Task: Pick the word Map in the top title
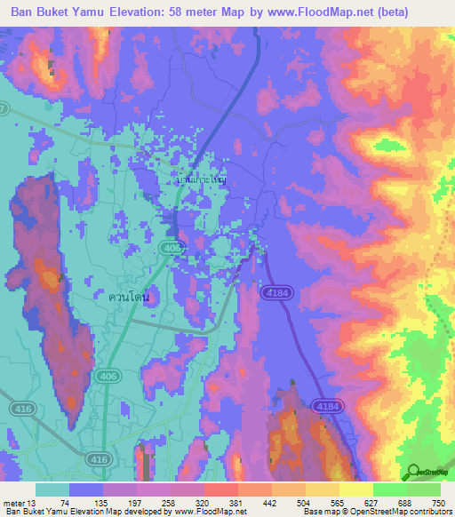pyautogui.click(x=263, y=13)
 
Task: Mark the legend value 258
pyautogui.click(x=154, y=502)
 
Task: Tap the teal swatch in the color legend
pyautogui.click(x=52, y=489)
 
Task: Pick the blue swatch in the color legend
pyautogui.click(x=86, y=489)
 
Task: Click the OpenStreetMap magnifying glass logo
pyautogui.click(x=414, y=471)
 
